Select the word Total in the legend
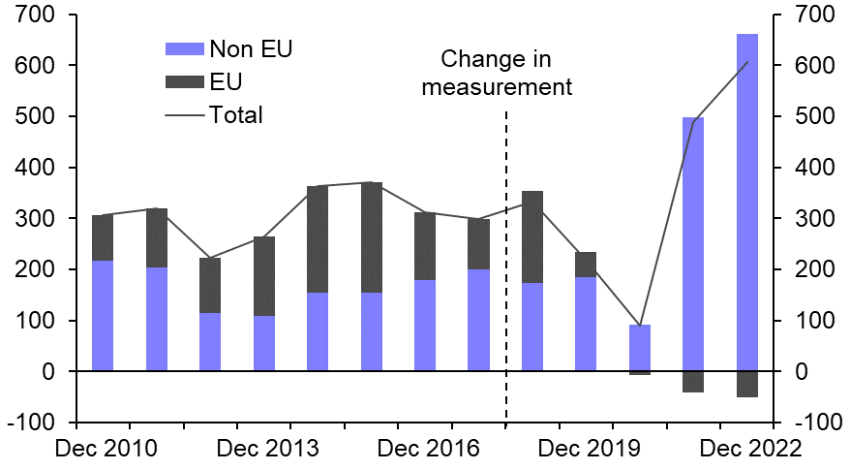click(235, 115)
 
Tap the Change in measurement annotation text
click(496, 73)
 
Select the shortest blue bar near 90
click(639, 348)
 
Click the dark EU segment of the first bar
click(103, 237)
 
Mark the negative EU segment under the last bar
click(746, 384)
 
